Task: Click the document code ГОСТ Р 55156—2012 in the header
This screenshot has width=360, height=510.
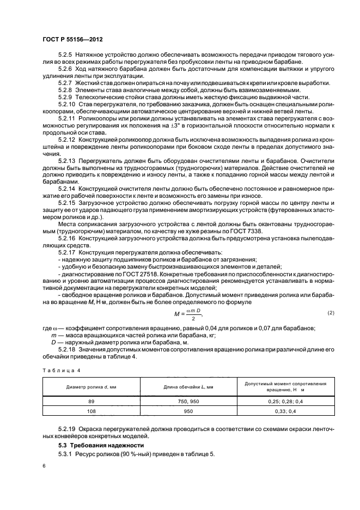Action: [74, 40]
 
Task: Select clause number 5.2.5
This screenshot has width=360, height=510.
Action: [65, 56]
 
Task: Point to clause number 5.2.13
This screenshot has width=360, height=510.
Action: [66, 162]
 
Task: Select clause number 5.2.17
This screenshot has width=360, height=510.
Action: [66, 253]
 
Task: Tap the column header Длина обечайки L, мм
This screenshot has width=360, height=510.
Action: [188, 387]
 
